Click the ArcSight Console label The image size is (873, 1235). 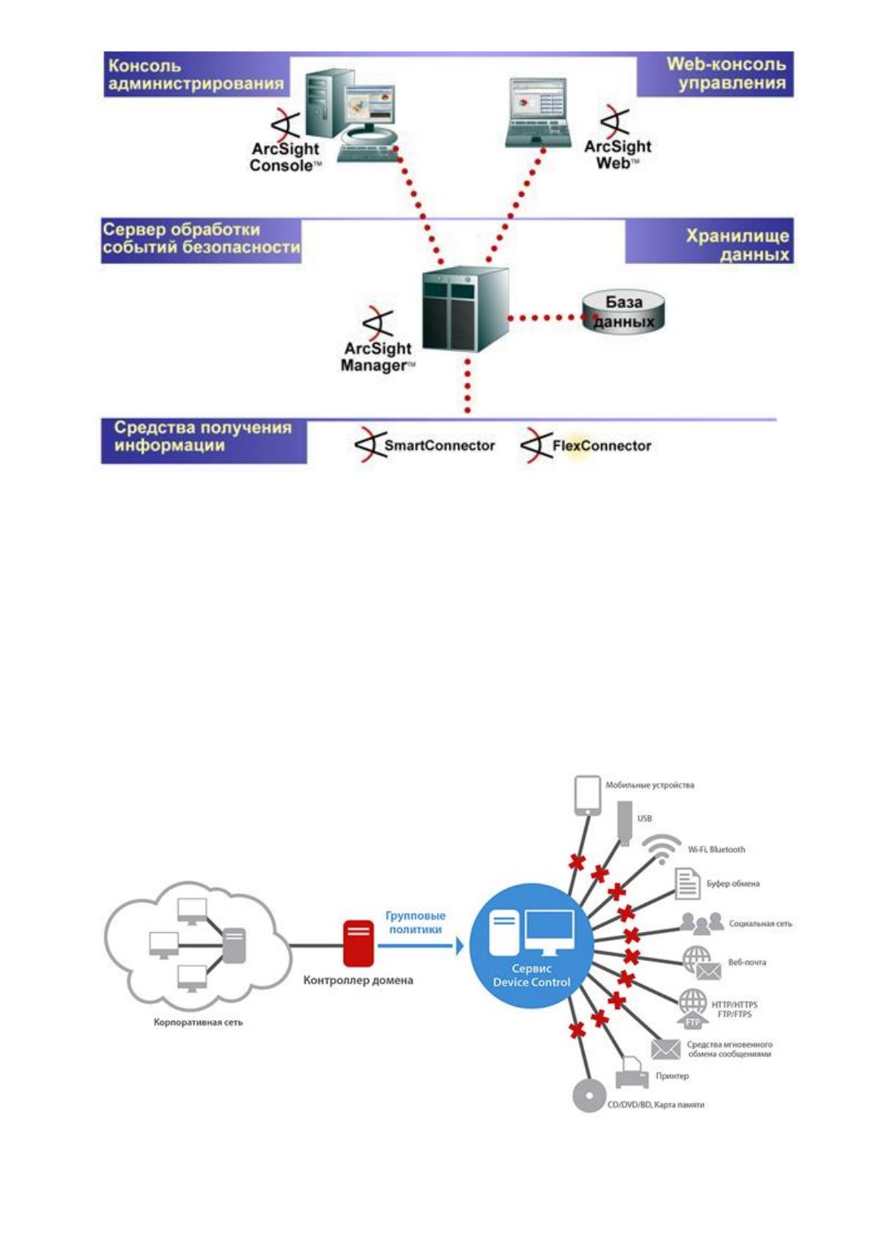285,157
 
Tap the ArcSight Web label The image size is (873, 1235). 617,155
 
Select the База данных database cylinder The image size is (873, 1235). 623,312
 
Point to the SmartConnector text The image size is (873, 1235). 439,445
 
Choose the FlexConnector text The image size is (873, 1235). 602,445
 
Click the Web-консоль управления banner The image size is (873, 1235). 715,74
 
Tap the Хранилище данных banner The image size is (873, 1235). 710,241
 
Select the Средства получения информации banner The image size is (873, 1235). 203,441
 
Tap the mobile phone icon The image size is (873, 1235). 588,796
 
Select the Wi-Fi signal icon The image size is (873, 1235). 661,850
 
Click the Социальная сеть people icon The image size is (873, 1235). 701,923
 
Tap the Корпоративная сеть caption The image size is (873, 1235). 198,1022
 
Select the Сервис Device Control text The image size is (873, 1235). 531,975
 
